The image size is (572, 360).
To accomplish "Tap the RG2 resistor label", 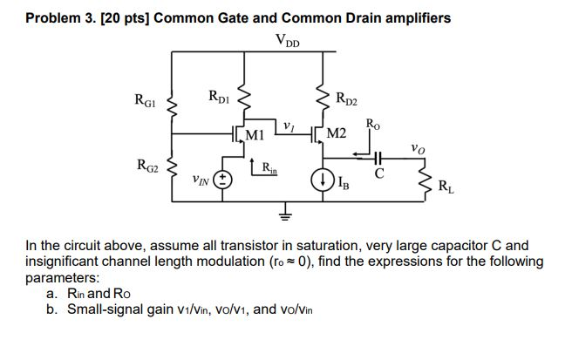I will tap(147, 165).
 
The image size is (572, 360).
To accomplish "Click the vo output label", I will tap(420, 148).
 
